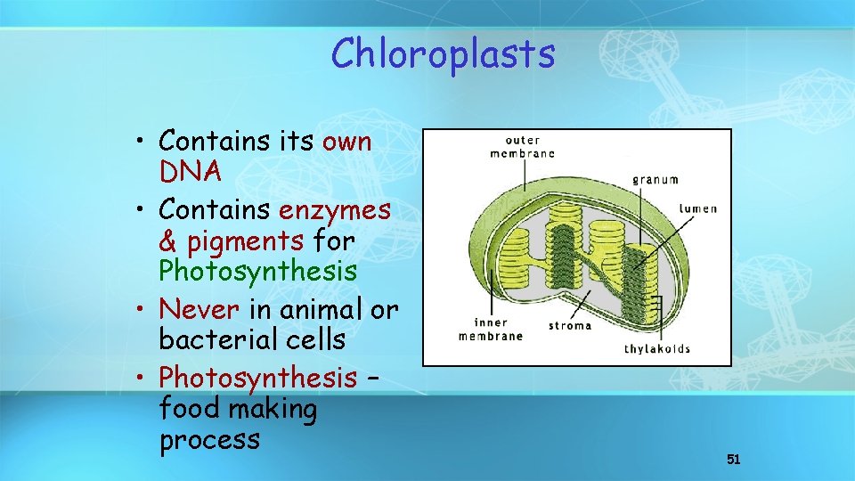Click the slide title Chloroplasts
[x=443, y=53]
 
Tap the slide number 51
[x=734, y=459]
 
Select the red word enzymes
[x=334, y=210]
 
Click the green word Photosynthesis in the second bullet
[x=257, y=270]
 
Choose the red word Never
[x=200, y=309]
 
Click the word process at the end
[x=209, y=439]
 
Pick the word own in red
[x=346, y=142]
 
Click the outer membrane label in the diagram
[x=522, y=147]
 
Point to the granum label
[x=655, y=179]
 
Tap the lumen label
[x=697, y=209]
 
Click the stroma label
[x=569, y=325]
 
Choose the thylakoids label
[x=657, y=348]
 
